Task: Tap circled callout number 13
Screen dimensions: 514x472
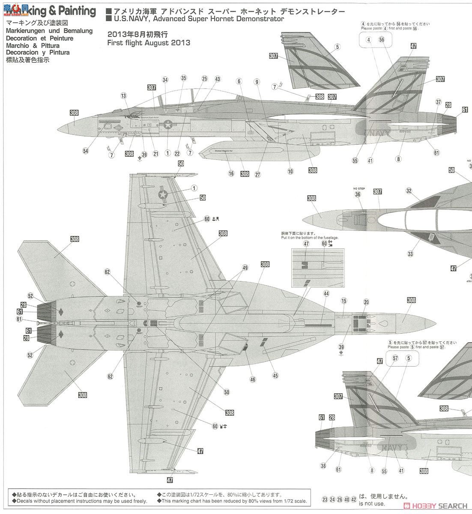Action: coord(124,96)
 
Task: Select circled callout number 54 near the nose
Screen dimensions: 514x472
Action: coord(86,151)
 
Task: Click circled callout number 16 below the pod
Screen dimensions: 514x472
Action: coord(231,173)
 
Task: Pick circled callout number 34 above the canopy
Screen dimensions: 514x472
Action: coord(165,80)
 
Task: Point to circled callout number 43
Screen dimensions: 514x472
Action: coord(218,79)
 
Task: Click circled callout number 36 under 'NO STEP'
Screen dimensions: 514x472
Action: coord(358,194)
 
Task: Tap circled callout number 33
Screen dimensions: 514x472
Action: coord(410,254)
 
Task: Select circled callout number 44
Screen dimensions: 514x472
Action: coord(326,293)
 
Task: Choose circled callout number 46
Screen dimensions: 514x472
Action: coord(253,379)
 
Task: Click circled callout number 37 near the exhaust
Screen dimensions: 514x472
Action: coord(438,102)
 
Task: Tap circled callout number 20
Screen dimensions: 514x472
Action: coord(366,302)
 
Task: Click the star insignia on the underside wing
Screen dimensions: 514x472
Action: coord(163,195)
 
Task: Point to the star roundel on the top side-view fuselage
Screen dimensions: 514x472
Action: coord(168,125)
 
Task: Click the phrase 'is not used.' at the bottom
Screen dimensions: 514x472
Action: coord(373,504)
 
